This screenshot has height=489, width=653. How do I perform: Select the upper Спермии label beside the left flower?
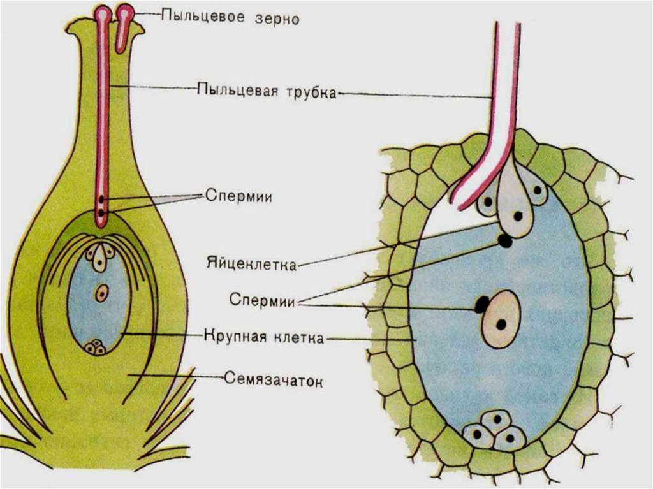(x=239, y=196)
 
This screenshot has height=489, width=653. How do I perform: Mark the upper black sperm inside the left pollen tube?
(x=101, y=200)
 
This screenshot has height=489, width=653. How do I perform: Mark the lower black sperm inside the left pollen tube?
(x=101, y=212)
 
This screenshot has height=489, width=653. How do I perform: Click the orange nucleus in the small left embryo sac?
(x=101, y=293)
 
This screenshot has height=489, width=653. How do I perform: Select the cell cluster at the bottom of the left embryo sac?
(x=96, y=347)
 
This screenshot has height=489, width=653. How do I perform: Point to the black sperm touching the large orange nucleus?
(x=481, y=305)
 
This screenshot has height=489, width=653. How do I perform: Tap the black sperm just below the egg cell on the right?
(x=505, y=241)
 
